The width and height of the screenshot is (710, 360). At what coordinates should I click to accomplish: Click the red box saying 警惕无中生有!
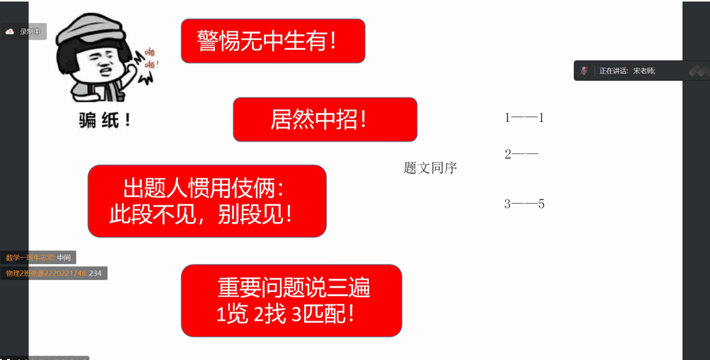[273, 41]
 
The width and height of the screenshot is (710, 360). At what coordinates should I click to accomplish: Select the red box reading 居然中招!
[325, 119]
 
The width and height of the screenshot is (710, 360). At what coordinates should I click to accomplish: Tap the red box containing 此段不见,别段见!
[207, 201]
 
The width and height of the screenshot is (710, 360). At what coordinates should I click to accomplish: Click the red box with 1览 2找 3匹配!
[291, 301]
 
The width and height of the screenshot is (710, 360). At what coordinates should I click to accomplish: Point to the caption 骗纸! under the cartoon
[105, 120]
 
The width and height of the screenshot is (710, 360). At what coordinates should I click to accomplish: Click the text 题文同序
[430, 167]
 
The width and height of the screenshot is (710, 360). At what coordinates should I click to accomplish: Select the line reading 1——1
[524, 118]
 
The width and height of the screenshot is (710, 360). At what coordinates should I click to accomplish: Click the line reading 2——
[521, 154]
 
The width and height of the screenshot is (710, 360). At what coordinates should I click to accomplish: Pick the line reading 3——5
[524, 204]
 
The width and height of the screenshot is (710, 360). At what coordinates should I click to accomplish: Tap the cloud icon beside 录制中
[10, 32]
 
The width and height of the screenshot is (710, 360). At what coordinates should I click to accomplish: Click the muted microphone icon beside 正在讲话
[584, 71]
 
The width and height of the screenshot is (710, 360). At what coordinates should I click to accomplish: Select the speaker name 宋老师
[644, 71]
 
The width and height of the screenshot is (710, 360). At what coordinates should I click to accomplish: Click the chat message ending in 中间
[38, 258]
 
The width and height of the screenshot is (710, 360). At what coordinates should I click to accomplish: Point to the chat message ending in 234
[54, 273]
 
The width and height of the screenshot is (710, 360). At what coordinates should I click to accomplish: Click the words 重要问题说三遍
[293, 288]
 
